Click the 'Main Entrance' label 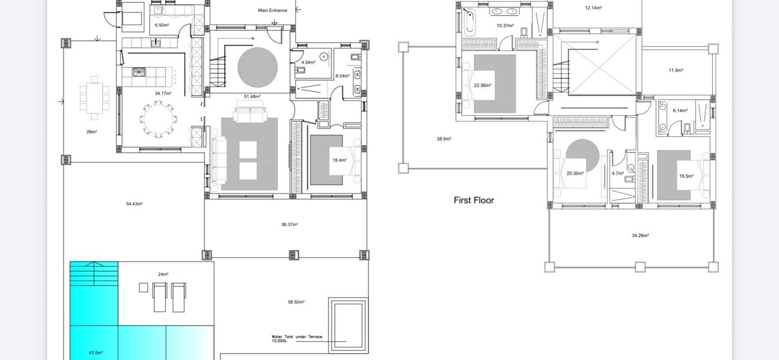tap(272, 10)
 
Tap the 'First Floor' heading tap(474, 200)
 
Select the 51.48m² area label tap(252, 96)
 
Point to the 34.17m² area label tap(163, 93)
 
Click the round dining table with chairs tap(158, 118)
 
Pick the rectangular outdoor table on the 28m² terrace tap(94, 98)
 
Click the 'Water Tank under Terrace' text tap(297, 337)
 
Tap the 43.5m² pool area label tap(95, 353)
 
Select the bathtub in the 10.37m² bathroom tap(469, 22)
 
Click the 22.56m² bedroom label tap(482, 85)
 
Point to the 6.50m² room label tap(162, 25)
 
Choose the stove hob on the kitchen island tap(139, 72)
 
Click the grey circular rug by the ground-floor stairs tap(258, 68)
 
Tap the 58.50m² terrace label tap(296, 302)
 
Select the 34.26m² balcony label tap(640, 235)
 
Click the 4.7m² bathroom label tap(618, 173)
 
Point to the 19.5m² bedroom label tap(686, 176)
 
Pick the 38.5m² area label tap(444, 139)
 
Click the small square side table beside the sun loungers tap(143, 287)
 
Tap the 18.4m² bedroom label tap(339, 160)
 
